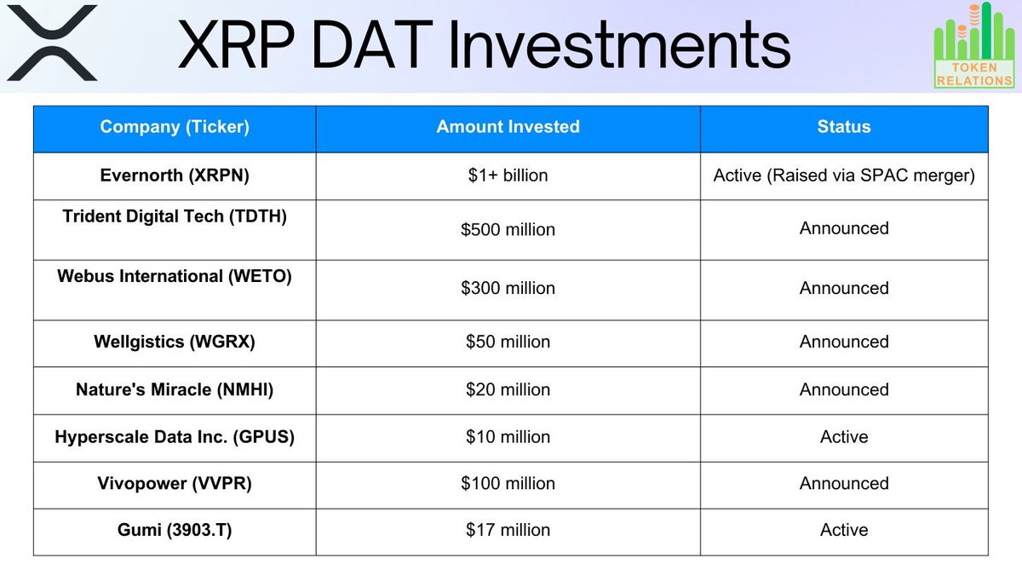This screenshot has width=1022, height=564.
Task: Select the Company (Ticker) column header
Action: pos(175,127)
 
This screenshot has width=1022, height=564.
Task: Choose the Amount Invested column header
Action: pos(508,127)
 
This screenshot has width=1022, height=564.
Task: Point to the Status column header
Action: pos(843,127)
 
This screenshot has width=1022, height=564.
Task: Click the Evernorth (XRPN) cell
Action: pos(175,175)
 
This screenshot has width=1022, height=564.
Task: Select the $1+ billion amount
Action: pos(508,176)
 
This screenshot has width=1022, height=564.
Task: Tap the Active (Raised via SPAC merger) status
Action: pos(843,176)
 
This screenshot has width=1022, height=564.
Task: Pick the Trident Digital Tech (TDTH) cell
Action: pos(175,216)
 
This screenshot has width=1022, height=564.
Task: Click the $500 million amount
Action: pos(508,230)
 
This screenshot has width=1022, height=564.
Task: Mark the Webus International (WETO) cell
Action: pos(175,276)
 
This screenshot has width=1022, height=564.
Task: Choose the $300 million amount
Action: pos(508,289)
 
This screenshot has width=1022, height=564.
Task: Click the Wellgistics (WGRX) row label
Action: pos(175,342)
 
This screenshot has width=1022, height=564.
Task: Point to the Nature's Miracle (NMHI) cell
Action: pos(175,389)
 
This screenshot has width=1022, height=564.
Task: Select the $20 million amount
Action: pos(508,389)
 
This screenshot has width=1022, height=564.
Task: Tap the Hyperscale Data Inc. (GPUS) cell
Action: pos(175,437)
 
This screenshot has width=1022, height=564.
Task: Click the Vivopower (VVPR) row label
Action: pos(175,483)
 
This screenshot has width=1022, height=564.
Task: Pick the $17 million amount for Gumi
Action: pos(508,530)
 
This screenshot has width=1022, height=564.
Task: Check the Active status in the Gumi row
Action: pos(843,530)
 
